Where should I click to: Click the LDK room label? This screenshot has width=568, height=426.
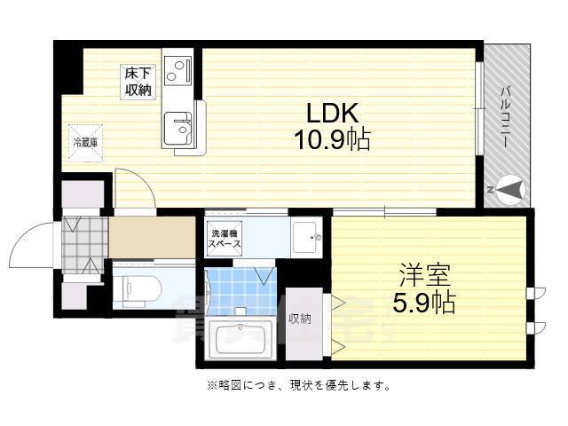click(332, 114)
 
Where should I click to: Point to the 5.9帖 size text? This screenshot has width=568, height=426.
click(423, 303)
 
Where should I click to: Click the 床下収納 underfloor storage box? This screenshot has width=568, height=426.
click(137, 81)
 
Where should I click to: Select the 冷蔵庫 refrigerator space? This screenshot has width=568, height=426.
click(86, 140)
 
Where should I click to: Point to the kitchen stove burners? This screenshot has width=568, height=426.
click(181, 68)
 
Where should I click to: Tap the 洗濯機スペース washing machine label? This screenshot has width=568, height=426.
click(224, 237)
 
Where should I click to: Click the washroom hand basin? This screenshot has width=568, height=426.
click(307, 235)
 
